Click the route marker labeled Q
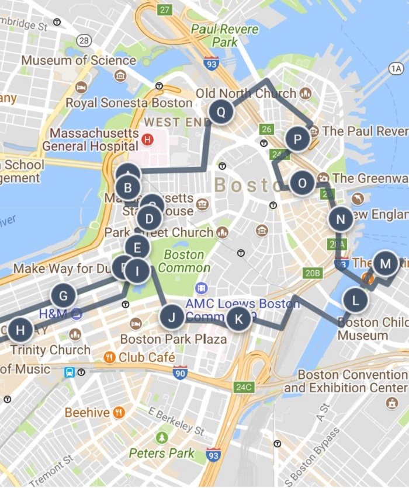coord(221,111)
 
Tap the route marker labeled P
coord(298,140)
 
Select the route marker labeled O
coord(302,183)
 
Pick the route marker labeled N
coord(340,219)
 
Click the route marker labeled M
coord(385,263)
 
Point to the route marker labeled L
coord(355,301)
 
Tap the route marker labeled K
coord(238,319)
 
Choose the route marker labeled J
coord(172,318)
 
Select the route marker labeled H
coord(20,330)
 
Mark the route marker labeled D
coord(150,220)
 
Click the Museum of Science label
coord(79,60)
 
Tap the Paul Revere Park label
coord(217,35)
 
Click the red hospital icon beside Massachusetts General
coord(147,139)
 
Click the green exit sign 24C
coord(243,386)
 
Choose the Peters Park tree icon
coord(162,438)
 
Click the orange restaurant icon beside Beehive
coord(119,413)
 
